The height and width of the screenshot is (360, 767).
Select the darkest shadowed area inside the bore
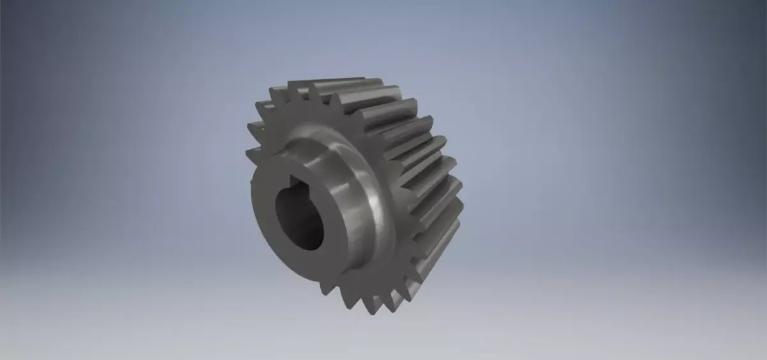(288, 214)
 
